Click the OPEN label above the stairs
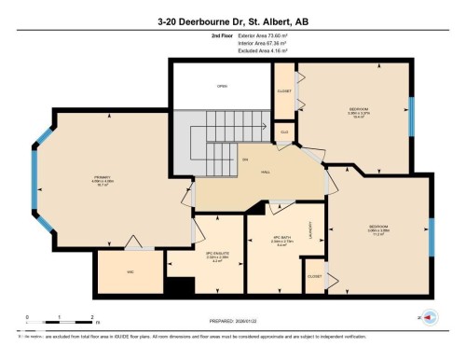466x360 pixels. point(222,86)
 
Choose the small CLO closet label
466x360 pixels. point(283,133)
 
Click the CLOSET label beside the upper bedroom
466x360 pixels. point(283,90)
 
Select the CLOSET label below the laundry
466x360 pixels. point(315,276)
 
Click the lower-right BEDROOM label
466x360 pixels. point(378,228)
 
